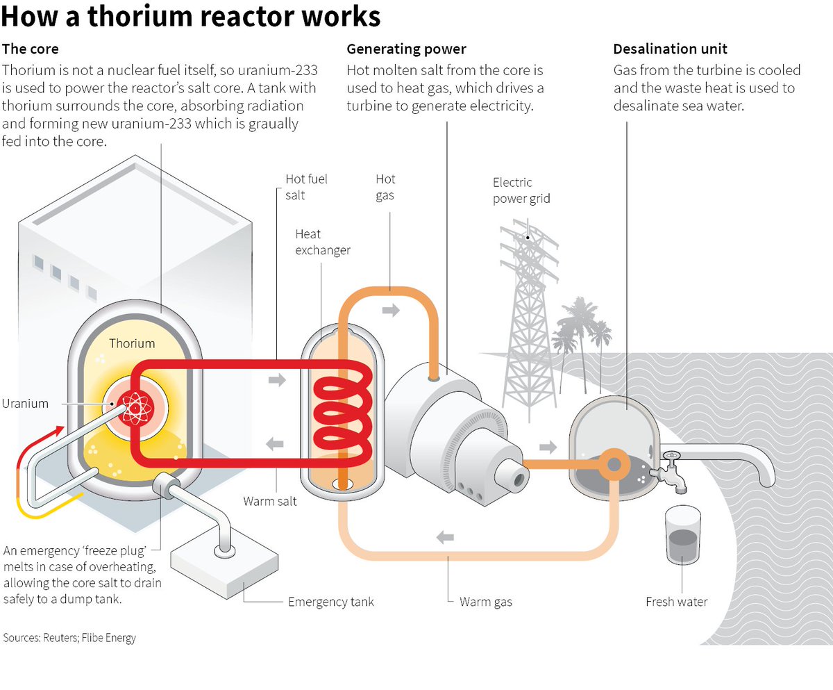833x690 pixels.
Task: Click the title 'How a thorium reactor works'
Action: pyautogui.click(x=191, y=16)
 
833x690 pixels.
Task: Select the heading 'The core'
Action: pyautogui.click(x=31, y=49)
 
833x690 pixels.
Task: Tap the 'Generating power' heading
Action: pyautogui.click(x=407, y=49)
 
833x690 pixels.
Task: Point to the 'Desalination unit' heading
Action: pyautogui.click(x=671, y=49)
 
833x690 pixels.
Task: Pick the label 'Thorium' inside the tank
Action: pyautogui.click(x=132, y=343)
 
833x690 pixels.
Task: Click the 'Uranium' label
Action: pyautogui.click(x=25, y=404)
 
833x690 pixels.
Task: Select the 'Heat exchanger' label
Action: pyautogui.click(x=323, y=242)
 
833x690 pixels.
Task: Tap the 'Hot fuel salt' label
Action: pyautogui.click(x=306, y=187)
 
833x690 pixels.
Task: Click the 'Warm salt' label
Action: pyautogui.click(x=270, y=501)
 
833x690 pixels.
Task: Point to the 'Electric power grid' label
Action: pyautogui.click(x=521, y=190)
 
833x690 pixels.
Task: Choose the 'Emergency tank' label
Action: pyautogui.click(x=330, y=602)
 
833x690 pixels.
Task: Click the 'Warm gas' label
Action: pyautogui.click(x=485, y=602)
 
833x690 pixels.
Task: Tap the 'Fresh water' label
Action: pyautogui.click(x=676, y=602)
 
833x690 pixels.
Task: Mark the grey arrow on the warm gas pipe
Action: pyautogui.click(x=445, y=537)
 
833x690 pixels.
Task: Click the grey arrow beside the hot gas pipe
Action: pyautogui.click(x=392, y=310)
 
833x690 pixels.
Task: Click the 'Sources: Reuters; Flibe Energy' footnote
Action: pyautogui.click(x=69, y=638)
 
